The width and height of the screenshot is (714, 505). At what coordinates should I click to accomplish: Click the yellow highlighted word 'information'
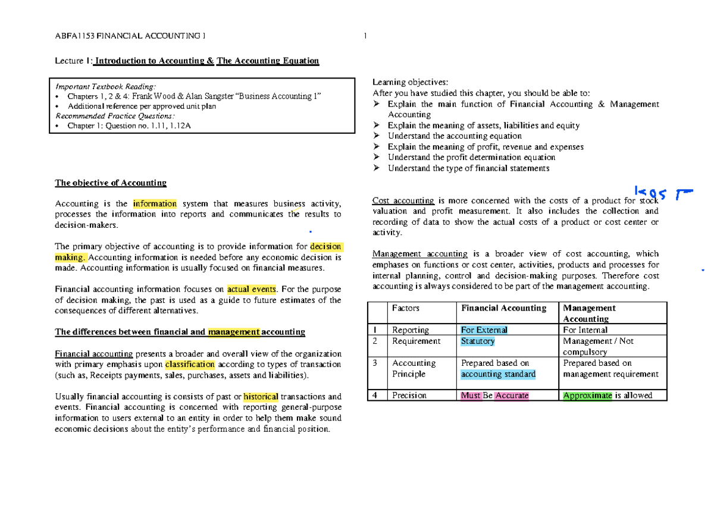[x=155, y=204]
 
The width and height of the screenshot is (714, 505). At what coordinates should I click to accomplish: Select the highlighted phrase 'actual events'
[x=252, y=290]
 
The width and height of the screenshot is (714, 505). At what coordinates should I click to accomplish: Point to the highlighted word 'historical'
[x=261, y=397]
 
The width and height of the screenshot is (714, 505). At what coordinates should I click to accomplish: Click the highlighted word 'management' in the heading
[x=234, y=332]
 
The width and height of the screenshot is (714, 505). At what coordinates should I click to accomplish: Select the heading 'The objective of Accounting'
[x=111, y=183]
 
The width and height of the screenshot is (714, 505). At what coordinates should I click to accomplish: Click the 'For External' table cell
[x=484, y=330]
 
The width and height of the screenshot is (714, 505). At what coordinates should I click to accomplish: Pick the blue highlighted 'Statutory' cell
[x=478, y=341]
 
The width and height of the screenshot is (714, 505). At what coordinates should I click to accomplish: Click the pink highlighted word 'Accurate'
[x=512, y=396]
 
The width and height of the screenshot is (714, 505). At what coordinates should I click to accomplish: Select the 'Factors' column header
[x=406, y=308]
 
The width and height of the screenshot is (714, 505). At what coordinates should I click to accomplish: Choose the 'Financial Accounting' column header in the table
[x=503, y=308]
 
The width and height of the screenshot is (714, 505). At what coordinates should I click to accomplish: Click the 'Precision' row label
[x=409, y=396]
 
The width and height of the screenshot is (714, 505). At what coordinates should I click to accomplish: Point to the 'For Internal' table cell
[x=585, y=330]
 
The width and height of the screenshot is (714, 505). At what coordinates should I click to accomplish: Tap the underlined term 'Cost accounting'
[x=403, y=200]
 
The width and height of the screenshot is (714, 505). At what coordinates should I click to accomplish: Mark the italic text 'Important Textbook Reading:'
[x=105, y=86]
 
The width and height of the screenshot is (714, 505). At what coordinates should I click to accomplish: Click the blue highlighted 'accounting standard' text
[x=498, y=375]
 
